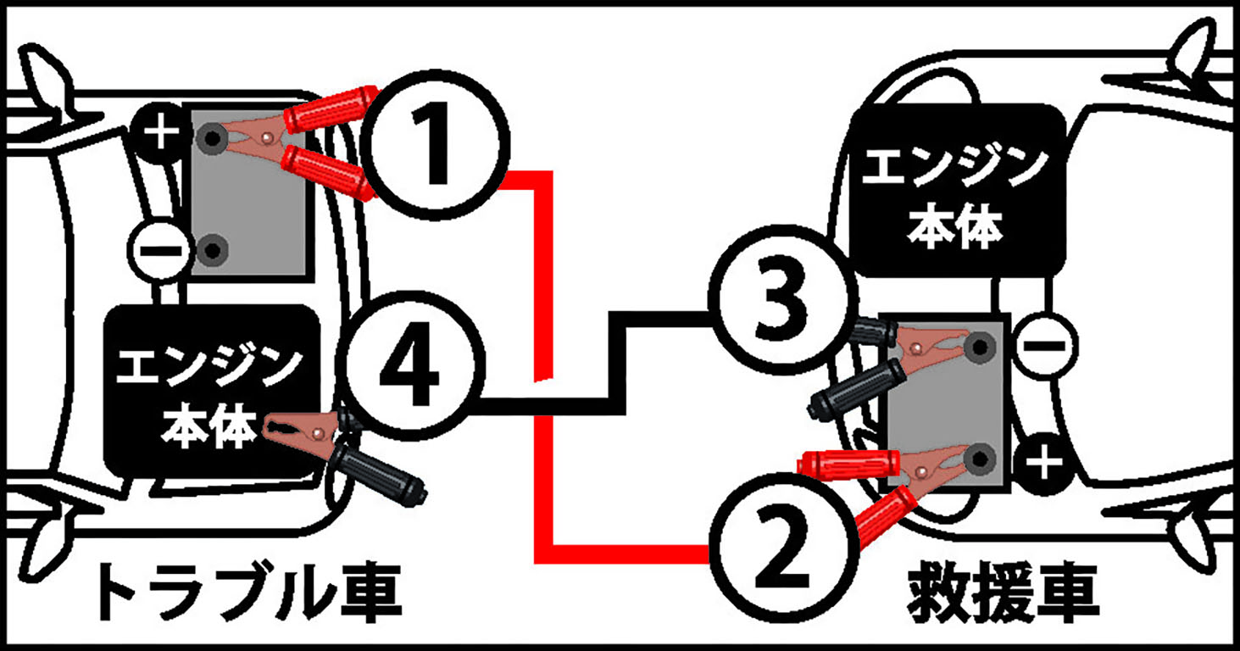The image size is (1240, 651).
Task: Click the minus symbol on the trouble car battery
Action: point(159,251)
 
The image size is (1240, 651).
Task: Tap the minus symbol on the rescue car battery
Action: point(1045,346)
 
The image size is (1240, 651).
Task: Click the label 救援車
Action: point(1003,593)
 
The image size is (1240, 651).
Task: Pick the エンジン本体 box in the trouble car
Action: point(213,391)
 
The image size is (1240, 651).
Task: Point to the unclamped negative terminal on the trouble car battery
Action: point(212,250)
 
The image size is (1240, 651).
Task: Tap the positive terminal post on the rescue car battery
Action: point(979,459)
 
